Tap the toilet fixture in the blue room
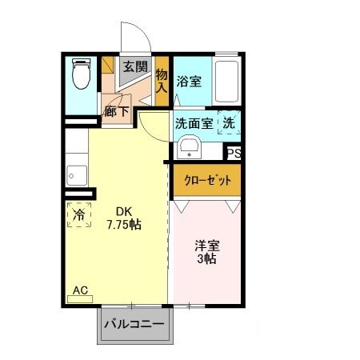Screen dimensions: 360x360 [x=81, y=75]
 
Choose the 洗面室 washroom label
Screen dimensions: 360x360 [x=194, y=123]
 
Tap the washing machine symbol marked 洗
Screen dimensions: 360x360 [x=229, y=123]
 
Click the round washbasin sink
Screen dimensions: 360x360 [x=189, y=147]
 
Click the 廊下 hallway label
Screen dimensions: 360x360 [x=116, y=111]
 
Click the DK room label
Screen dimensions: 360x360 [x=123, y=211]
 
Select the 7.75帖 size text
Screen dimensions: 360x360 [x=123, y=225]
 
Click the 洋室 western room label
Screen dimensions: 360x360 [x=207, y=246]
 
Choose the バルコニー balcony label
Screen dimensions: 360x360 [x=135, y=326]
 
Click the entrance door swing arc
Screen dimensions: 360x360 [x=136, y=36]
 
